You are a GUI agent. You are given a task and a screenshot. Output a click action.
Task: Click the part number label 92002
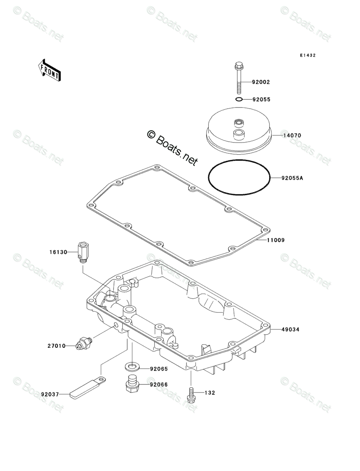(261, 82)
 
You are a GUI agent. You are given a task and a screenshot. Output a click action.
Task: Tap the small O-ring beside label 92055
(238, 99)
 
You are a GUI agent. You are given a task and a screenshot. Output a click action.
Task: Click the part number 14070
(292, 136)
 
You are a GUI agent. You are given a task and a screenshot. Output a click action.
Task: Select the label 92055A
(292, 178)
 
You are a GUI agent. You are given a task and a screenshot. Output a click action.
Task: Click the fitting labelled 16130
(82, 252)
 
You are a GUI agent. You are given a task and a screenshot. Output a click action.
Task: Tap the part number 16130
(58, 252)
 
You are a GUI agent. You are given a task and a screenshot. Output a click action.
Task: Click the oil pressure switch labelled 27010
(85, 343)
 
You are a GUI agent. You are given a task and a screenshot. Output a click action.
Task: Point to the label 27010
(56, 345)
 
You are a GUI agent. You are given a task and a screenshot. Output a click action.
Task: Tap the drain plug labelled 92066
(132, 383)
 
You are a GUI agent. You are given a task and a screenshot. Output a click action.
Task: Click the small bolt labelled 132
(191, 394)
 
